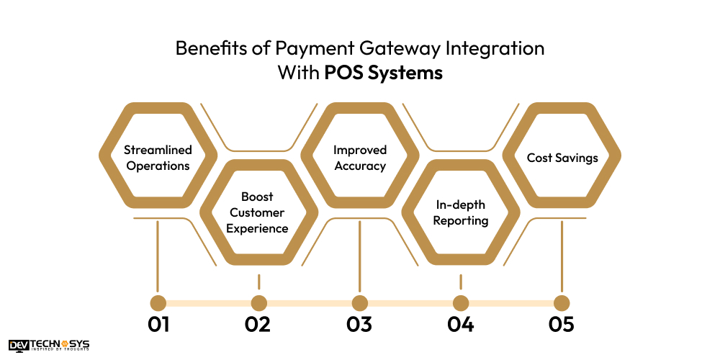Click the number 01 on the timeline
point(158,324)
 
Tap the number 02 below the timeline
point(257,324)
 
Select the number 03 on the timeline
point(359,324)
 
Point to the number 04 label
point(460,324)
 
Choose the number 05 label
point(561,324)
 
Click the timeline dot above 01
point(158,303)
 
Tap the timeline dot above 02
point(259,303)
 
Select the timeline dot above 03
point(360,303)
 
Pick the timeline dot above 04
point(461,303)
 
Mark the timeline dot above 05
point(562,303)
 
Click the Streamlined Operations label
point(158,158)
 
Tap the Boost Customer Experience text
point(258,212)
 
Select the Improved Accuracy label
point(359,158)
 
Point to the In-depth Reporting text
point(461,212)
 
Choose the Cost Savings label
point(562,158)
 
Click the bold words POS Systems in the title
point(383,73)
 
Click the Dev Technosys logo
point(49,346)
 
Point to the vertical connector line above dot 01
point(158,256)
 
